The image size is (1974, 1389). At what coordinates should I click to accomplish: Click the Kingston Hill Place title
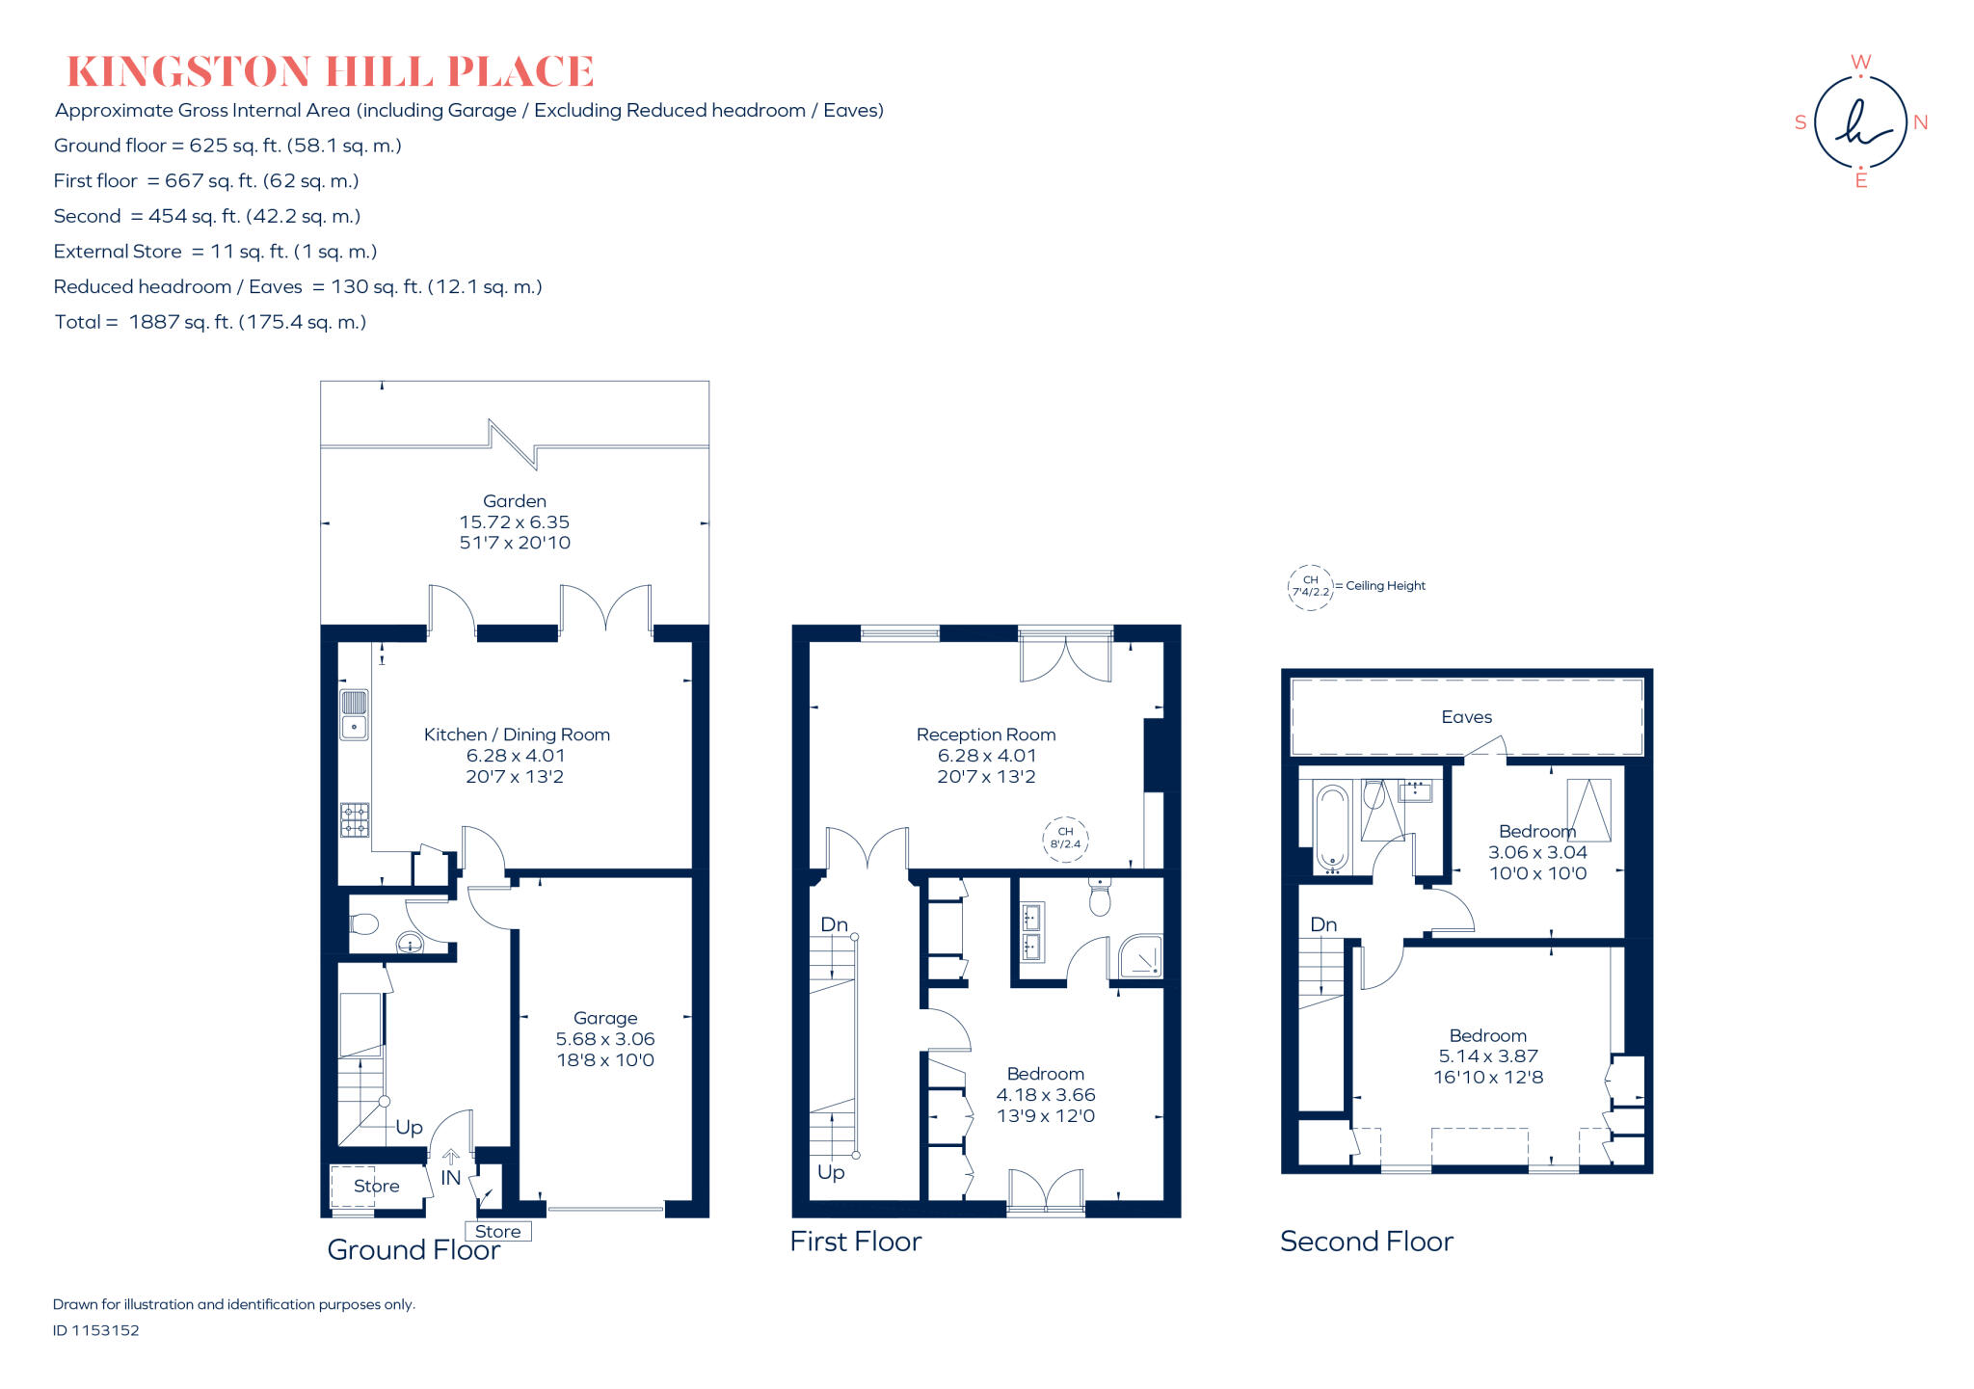coord(330,72)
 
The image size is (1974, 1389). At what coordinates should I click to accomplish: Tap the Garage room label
coord(604,1018)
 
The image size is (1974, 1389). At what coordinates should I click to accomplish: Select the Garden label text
coord(515,501)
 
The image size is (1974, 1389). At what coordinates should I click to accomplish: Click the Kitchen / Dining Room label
coord(517,735)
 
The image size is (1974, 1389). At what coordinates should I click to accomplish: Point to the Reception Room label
coord(986,735)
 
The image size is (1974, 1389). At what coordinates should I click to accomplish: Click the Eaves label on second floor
coord(1466,717)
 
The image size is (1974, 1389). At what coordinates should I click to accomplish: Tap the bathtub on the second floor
coord(1332,827)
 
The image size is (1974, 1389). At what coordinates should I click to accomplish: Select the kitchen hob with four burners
coord(354,820)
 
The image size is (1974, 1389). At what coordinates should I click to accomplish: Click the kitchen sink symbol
coord(354,714)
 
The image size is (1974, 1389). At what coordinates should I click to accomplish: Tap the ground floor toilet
coord(363,924)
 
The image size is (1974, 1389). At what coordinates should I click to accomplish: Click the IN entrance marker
coord(450,1178)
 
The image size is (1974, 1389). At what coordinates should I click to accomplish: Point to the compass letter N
coord(1920,122)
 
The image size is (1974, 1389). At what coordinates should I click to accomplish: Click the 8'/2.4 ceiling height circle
coord(1065,839)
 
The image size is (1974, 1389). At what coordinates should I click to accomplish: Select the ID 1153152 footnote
coord(96,1330)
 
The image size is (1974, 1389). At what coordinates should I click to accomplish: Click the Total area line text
coord(210,322)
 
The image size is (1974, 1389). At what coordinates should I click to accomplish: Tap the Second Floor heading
coord(1366,1242)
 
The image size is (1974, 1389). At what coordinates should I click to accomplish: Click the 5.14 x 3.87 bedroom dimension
coord(1488,1056)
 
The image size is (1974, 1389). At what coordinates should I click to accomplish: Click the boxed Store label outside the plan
coord(497,1231)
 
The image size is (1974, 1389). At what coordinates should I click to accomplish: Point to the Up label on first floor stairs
coord(831,1172)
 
